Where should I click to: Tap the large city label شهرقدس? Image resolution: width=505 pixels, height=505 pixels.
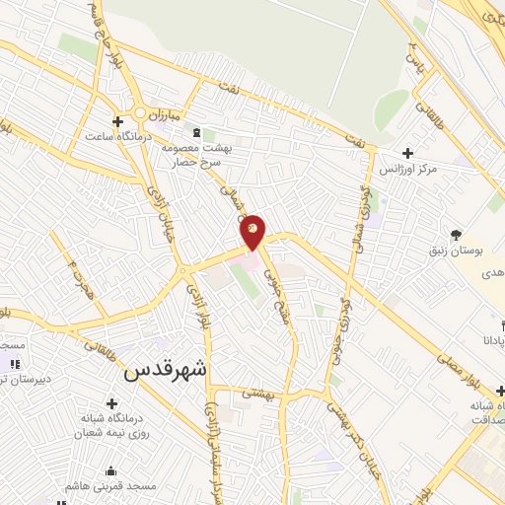[167, 372]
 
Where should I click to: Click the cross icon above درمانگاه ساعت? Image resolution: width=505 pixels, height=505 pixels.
[117, 122]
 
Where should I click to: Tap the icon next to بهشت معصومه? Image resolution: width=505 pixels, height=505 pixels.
[195, 132]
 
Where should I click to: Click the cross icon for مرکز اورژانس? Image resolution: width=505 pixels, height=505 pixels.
[407, 153]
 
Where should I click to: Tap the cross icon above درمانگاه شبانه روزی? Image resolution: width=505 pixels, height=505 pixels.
[111, 404]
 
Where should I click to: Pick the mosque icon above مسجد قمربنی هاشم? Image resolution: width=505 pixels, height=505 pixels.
[109, 470]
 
